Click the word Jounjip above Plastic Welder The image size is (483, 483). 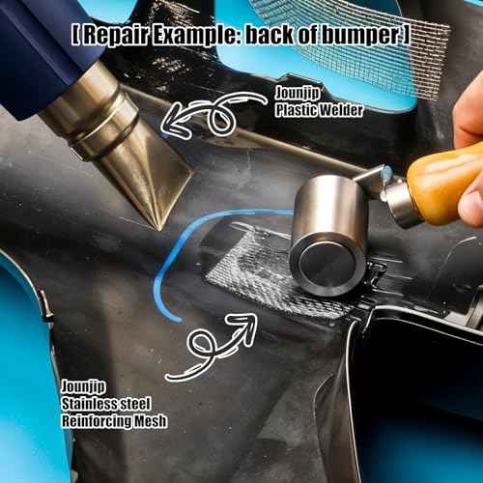point(298,94)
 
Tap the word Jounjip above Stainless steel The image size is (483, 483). point(83,386)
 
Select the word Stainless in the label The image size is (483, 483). point(89,404)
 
